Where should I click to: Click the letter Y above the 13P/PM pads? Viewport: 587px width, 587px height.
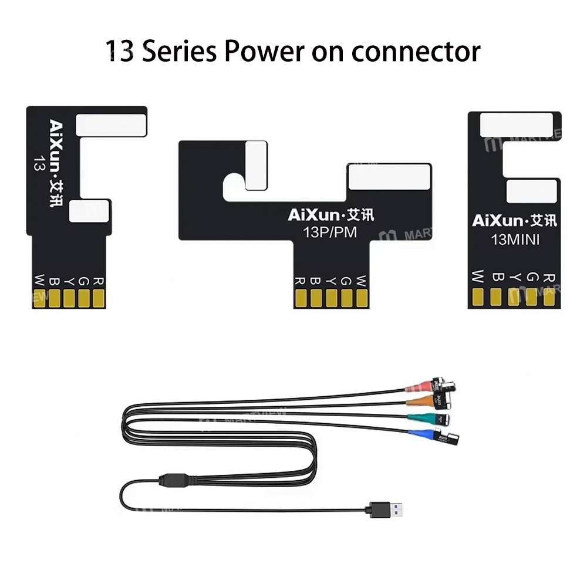[x=331, y=280]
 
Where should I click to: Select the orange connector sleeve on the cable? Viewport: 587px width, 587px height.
[x=418, y=402]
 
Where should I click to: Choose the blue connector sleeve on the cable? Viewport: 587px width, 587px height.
[x=419, y=436]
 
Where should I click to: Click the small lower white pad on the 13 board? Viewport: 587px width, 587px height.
[x=89, y=211]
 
